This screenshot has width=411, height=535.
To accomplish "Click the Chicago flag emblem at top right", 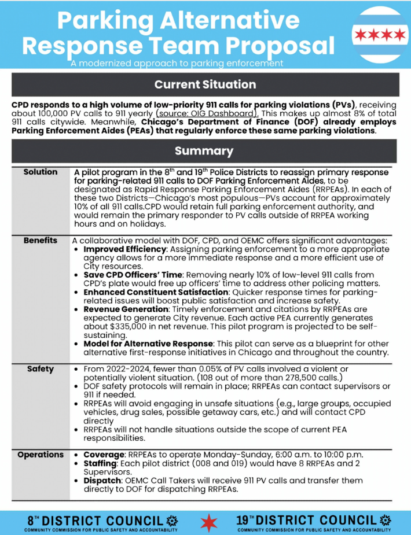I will coord(380,35).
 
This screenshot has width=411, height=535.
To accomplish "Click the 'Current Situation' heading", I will coord(205,84).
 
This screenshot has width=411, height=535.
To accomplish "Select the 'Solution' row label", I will coord(41,172).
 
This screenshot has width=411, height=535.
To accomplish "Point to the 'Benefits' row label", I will coord(41,240).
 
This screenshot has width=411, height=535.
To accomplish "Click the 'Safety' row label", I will coord(41,369).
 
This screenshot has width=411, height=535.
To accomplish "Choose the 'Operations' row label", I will coord(41,455).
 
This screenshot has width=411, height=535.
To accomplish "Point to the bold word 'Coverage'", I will coord(104,455).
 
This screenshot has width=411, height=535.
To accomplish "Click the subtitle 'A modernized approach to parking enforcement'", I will coord(177,63).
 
